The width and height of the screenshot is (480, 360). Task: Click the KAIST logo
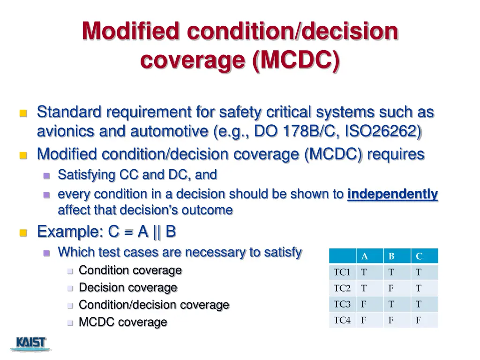point(31,343)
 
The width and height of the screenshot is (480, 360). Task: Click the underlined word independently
point(392,194)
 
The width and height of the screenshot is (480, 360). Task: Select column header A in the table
point(364,256)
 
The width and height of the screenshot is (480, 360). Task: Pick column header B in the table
point(391,256)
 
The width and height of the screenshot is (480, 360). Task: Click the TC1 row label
point(342,272)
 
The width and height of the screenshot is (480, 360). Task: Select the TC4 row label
point(342,320)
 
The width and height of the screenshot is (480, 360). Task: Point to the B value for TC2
point(391,288)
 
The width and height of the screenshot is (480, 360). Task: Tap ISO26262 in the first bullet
point(382,132)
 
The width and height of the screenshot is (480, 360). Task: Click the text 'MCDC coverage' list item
point(123,322)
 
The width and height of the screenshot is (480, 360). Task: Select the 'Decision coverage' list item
point(127,287)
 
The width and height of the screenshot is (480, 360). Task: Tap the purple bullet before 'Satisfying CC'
point(46,176)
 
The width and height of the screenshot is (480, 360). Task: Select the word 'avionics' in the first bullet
point(66,132)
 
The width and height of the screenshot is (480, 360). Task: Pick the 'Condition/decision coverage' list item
point(154,305)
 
